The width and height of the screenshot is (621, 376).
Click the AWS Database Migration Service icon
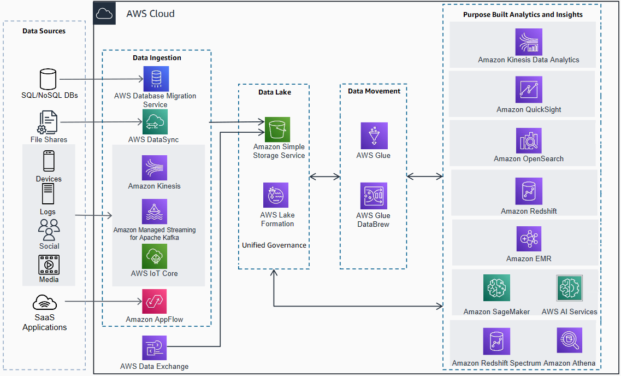tap(156, 79)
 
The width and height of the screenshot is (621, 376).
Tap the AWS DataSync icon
tap(155, 122)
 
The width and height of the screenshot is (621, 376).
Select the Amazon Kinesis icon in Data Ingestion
tap(155, 168)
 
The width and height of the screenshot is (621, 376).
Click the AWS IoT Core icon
tap(155, 256)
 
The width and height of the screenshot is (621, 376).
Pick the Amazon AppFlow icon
tap(155, 302)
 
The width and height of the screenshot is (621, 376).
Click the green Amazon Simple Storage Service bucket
tap(277, 130)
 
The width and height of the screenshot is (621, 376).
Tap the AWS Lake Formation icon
tap(276, 195)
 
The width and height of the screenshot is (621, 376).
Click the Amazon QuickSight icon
tap(529, 89)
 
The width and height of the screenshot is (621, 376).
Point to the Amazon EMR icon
tap(529, 239)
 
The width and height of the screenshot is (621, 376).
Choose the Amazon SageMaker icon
tap(496, 288)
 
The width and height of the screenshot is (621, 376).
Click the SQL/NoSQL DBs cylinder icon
tap(48, 79)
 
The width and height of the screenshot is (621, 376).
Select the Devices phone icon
tap(49, 162)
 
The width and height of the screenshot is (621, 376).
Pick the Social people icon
tap(49, 230)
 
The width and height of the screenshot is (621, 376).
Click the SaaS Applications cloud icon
tap(45, 302)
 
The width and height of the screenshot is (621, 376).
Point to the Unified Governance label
tap(274, 245)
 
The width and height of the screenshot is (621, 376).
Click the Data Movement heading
tap(374, 91)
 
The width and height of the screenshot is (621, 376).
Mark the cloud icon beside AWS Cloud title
tap(104, 14)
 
